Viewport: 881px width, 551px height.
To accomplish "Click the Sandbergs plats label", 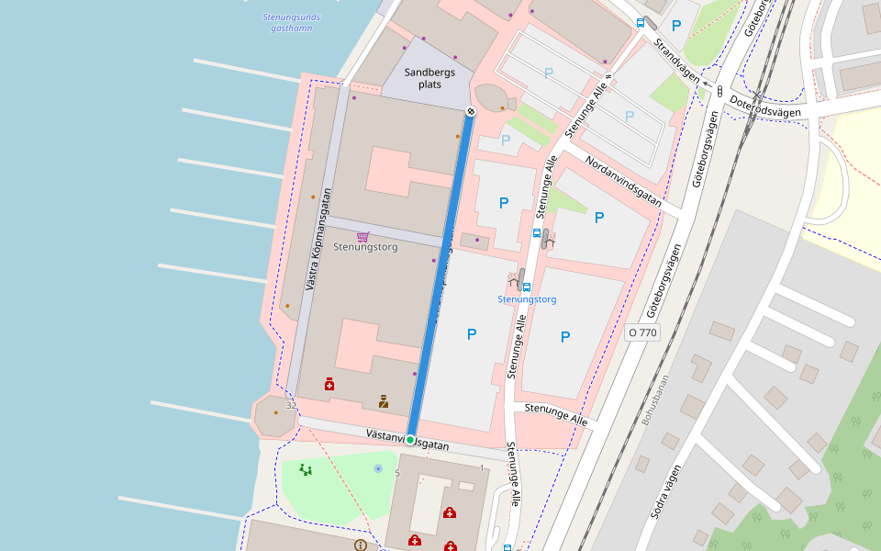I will click(429, 78).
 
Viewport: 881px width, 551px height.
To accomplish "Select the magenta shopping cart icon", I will click(362, 236).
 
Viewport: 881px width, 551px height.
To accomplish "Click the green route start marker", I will click(410, 440).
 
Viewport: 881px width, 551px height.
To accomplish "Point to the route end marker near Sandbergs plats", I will click(471, 111).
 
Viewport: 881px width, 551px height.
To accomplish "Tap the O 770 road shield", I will click(642, 332).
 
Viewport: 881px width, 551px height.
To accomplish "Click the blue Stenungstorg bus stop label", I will click(527, 299).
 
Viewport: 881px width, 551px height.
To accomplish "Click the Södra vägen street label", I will click(666, 490).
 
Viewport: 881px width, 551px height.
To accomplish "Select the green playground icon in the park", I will click(306, 469).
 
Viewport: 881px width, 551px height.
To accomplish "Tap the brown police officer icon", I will click(384, 401).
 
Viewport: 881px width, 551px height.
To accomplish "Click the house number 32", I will click(291, 405).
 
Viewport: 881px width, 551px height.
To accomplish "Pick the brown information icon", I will click(360, 545).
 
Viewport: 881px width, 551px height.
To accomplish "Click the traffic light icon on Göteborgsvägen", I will click(720, 91).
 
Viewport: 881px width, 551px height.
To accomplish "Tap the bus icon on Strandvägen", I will click(640, 23).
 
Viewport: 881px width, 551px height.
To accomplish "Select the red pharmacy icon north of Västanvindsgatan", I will click(329, 384).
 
